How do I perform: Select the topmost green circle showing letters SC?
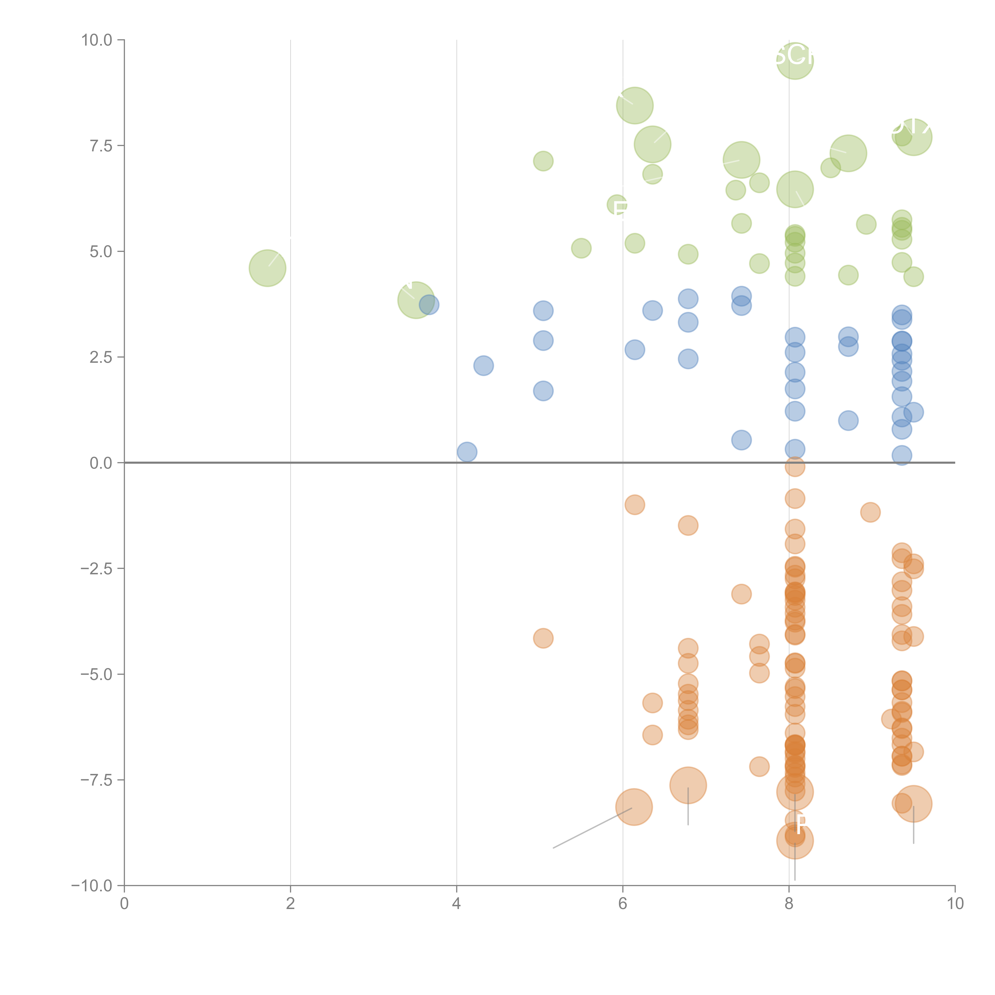[795, 61]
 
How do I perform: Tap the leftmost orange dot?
[543, 638]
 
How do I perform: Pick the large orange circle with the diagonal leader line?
[634, 807]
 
